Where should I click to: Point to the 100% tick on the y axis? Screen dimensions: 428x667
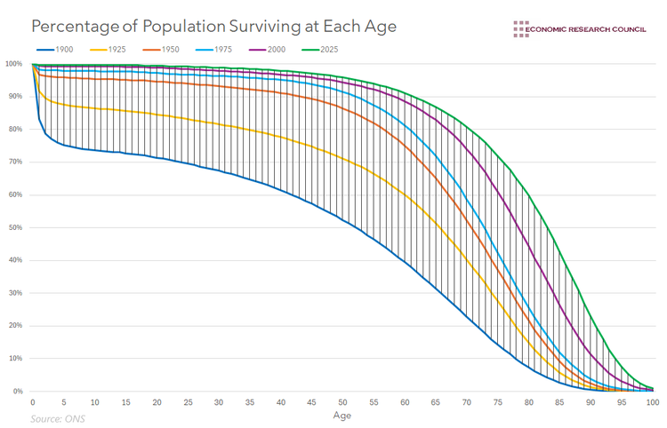pyautogui.click(x=13, y=64)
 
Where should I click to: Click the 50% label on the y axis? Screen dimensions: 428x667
pyautogui.click(x=15, y=227)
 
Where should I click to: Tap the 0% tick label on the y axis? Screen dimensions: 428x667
pyautogui.click(x=18, y=391)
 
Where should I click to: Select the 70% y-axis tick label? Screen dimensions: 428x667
pyautogui.click(x=15, y=162)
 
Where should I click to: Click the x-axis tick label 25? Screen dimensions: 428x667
pyautogui.click(x=188, y=402)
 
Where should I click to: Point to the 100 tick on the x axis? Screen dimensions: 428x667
pyautogui.click(x=652, y=402)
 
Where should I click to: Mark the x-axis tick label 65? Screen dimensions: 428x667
pyautogui.click(x=436, y=402)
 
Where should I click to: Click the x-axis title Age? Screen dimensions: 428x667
pyautogui.click(x=342, y=415)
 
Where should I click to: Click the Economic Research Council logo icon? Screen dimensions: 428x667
pyautogui.click(x=520, y=29)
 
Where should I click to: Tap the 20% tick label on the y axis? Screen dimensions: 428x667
pyautogui.click(x=15, y=326)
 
